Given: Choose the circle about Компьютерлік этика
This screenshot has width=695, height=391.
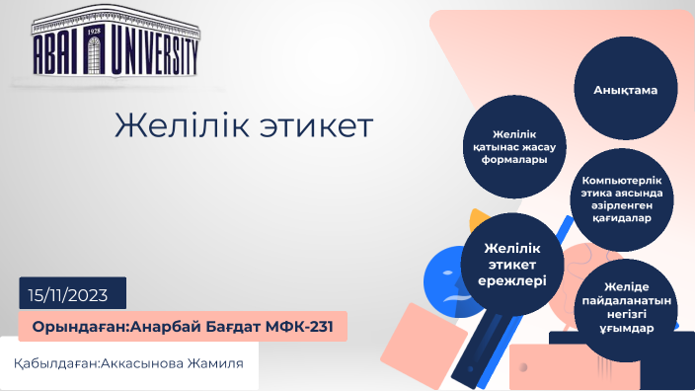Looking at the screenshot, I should (x=623, y=199).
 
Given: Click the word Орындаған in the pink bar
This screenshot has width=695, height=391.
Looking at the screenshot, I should (x=73, y=327).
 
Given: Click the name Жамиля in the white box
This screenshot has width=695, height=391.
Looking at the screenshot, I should (x=223, y=363).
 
